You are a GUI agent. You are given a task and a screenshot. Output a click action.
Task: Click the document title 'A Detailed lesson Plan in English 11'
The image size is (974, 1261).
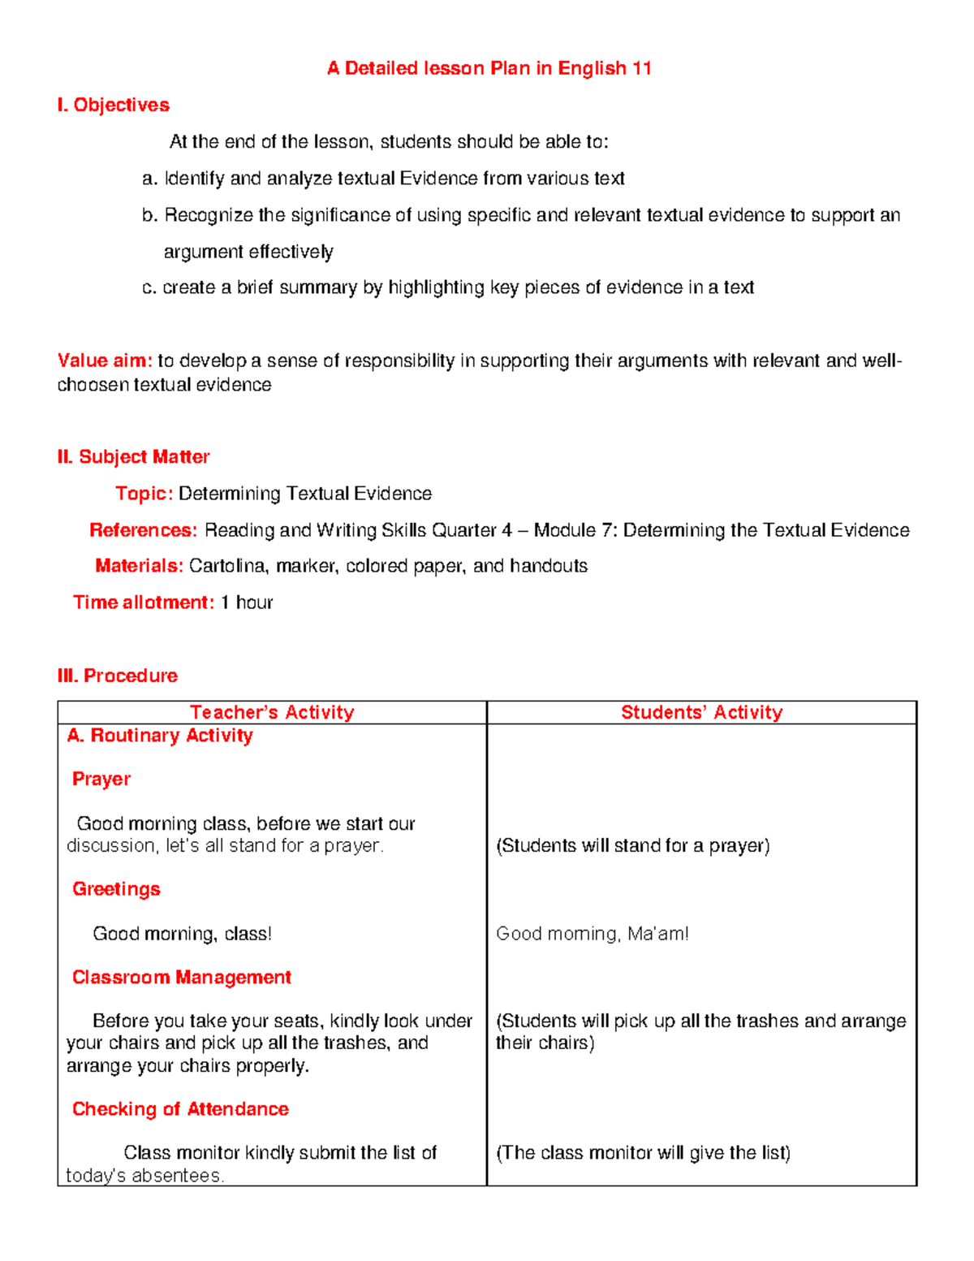point(489,68)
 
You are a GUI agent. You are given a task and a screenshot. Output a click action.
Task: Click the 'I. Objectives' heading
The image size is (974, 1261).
point(113,105)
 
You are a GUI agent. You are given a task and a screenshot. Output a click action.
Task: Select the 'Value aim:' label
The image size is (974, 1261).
point(105,361)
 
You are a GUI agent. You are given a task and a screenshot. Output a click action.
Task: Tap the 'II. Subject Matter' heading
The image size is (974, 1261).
point(133,457)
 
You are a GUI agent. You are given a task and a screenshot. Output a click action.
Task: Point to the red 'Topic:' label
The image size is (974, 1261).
point(144,494)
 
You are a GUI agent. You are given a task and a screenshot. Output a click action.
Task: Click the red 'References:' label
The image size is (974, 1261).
point(143,530)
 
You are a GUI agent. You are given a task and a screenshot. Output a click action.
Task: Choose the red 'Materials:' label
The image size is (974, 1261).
point(139,566)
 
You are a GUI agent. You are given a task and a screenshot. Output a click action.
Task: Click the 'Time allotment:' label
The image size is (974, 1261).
point(143,602)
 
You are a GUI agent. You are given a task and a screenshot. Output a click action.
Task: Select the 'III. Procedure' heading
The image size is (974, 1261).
point(117,676)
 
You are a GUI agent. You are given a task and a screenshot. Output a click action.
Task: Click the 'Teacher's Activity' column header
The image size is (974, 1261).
point(272,712)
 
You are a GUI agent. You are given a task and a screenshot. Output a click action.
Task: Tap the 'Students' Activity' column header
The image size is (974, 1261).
point(701,712)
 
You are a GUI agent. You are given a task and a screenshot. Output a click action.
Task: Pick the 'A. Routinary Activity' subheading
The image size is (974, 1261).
point(160,736)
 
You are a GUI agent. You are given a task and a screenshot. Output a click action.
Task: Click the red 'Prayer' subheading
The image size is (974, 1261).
point(101,779)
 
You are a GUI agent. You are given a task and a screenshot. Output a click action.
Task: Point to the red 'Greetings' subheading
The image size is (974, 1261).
point(116,889)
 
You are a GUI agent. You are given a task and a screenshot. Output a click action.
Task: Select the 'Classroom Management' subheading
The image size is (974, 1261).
point(181,977)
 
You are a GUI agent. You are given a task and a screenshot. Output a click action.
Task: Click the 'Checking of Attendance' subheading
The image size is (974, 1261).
point(180,1109)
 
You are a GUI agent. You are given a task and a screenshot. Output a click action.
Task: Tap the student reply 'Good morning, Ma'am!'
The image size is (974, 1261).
point(592,934)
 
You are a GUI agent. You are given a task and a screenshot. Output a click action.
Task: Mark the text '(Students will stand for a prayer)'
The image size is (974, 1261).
point(632,846)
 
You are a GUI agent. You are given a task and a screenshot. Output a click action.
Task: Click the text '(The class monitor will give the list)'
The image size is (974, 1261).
point(643,1153)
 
